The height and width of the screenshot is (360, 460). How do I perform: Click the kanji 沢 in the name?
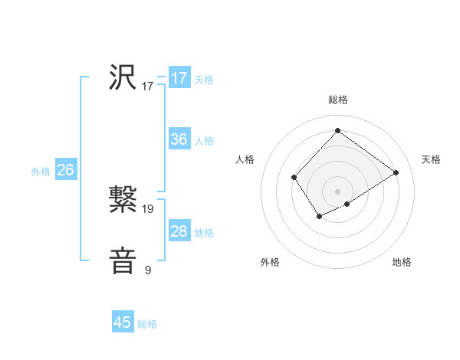pyautogui.click(x=123, y=77)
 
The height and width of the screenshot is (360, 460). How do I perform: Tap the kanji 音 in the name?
pyautogui.click(x=123, y=260)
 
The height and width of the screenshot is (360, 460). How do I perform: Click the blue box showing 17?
pyautogui.click(x=179, y=78)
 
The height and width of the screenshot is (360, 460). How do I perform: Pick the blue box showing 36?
pyautogui.click(x=179, y=139)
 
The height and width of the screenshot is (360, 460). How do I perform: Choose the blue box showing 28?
pyautogui.click(x=179, y=231)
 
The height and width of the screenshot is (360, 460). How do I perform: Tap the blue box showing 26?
pyautogui.click(x=65, y=170)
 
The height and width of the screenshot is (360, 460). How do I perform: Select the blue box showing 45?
pyautogui.click(x=123, y=322)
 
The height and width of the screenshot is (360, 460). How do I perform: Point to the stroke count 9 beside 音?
pyautogui.click(x=148, y=270)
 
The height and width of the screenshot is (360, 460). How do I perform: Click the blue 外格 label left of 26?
pyautogui.click(x=41, y=172)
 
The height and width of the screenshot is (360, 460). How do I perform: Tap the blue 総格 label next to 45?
pyautogui.click(x=147, y=324)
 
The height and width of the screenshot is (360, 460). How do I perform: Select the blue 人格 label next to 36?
pyautogui.click(x=204, y=141)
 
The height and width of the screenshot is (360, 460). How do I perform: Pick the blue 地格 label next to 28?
pyautogui.click(x=204, y=233)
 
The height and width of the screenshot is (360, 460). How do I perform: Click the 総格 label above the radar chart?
pyautogui.click(x=337, y=100)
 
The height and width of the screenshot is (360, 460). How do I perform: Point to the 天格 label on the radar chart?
pyautogui.click(x=431, y=159)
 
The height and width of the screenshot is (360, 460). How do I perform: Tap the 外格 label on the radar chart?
pyautogui.click(x=270, y=262)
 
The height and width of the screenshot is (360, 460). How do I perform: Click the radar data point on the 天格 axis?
pyautogui.click(x=396, y=172)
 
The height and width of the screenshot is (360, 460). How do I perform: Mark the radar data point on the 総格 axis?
pyautogui.click(x=337, y=130)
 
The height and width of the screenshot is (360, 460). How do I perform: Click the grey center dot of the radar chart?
pyautogui.click(x=337, y=191)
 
